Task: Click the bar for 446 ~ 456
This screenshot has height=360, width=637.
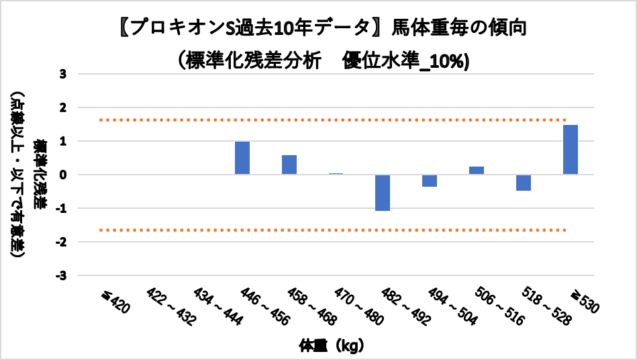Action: coord(242,158)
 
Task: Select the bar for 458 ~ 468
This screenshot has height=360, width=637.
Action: coord(289,165)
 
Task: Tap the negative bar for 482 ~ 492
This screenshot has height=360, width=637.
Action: coord(383,193)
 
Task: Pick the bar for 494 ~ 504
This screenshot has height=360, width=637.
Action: coord(430,181)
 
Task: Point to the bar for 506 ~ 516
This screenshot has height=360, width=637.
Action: coord(477,170)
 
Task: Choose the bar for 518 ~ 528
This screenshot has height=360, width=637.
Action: coord(524,183)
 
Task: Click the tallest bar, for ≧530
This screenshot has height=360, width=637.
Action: coord(571,149)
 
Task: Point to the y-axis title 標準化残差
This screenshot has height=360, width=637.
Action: coord(41,175)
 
